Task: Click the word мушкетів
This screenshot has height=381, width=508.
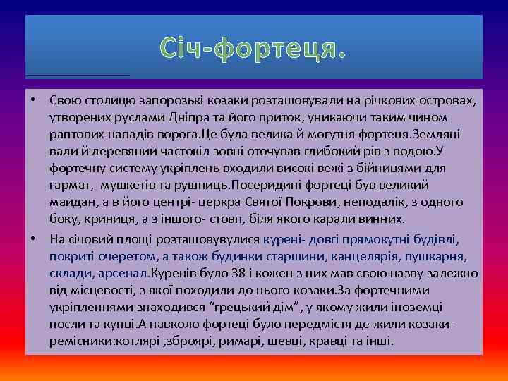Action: pyautogui.click(x=127, y=185)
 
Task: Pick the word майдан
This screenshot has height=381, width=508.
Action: pyautogui.click(x=71, y=202)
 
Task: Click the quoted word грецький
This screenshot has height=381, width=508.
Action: pyautogui.click(x=239, y=306)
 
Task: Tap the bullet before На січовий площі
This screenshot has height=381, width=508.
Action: pyautogui.click(x=33, y=236)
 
